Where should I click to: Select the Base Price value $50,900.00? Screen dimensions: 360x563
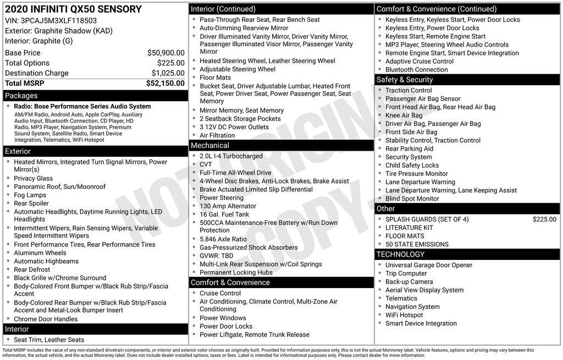(165, 53)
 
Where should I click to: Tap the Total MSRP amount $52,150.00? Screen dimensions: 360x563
(165, 83)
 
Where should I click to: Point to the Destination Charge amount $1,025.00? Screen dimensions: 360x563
(168, 73)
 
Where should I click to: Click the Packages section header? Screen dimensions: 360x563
(21, 96)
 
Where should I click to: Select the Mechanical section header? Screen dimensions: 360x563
(210, 146)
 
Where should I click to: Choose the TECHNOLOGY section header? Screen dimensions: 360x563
(401, 254)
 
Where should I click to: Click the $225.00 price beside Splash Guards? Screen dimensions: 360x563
(544, 219)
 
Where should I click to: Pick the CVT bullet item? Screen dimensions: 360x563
(206, 164)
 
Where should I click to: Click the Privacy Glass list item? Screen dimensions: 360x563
(34, 179)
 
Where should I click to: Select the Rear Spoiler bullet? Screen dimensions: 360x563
(31, 203)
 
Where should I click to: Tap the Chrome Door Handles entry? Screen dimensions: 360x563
(46, 319)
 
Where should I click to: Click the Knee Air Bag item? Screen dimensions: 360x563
(404, 115)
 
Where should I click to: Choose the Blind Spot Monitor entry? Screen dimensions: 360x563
(412, 198)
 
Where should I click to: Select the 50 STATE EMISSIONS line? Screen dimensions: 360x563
(417, 244)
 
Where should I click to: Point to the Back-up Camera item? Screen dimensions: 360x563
(409, 281)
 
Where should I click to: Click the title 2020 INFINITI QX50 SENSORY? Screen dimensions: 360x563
(73, 9)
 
